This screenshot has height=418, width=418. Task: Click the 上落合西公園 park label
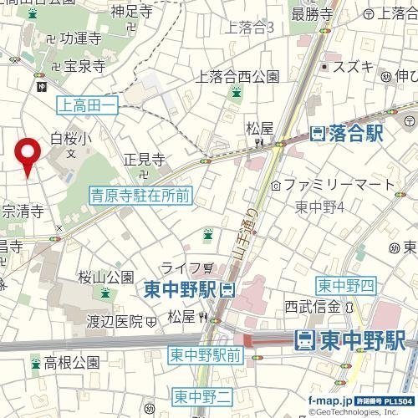(237, 77)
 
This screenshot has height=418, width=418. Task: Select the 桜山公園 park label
(106, 277)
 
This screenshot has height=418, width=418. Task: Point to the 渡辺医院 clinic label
(116, 320)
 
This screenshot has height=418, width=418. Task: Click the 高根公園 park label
(72, 363)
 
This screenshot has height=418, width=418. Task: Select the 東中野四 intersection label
(344, 286)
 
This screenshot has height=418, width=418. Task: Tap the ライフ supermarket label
(181, 268)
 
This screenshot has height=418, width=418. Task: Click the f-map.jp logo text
(329, 400)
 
